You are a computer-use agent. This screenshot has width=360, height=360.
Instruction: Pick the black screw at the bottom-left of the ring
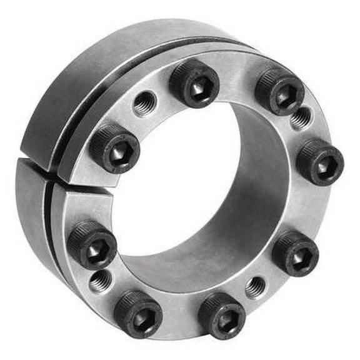138,312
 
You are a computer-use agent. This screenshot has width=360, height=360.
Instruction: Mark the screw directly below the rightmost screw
295,253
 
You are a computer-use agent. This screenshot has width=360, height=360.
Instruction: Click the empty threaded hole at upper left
144,102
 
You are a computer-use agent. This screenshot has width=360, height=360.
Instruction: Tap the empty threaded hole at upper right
302,117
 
